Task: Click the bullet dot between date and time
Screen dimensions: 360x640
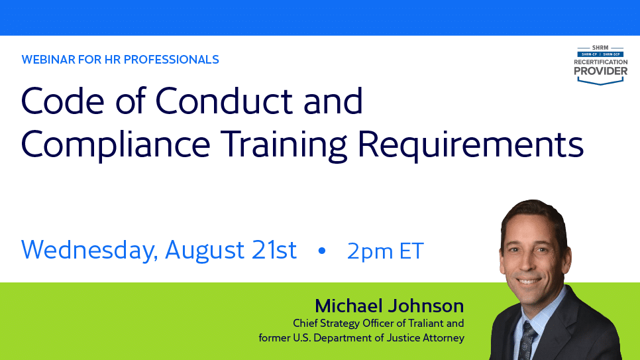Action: pyautogui.click(x=323, y=251)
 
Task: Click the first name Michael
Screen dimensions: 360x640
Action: pyautogui.click(x=351, y=306)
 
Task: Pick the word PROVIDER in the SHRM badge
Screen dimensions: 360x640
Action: pyautogui.click(x=600, y=70)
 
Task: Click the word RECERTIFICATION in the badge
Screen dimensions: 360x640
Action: pyautogui.click(x=600, y=61)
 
